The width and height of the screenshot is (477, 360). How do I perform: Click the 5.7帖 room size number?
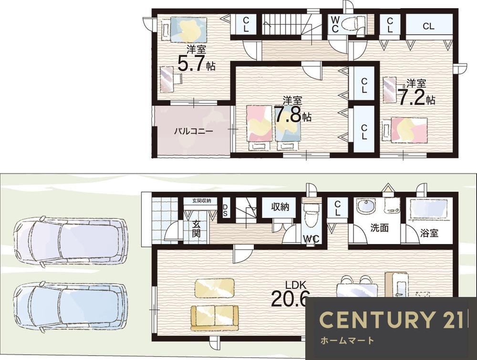pos(196,64)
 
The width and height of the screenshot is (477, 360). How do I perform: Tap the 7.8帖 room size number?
pos(293,114)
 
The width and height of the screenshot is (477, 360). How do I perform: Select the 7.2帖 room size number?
pos(416,97)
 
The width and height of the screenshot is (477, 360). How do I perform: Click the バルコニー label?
pos(194,132)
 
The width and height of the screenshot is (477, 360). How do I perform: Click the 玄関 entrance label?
pos(197,229)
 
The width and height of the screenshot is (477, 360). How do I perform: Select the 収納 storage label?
pos(280,207)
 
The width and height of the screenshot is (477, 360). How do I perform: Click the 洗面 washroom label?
pos(379,228)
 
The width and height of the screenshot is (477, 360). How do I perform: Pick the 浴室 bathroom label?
pos(429,233)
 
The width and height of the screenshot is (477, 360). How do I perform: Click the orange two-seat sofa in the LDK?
pos(215,318)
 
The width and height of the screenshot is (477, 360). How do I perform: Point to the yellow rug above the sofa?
pos(215,287)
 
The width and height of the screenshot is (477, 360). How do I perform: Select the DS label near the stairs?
pos(225,210)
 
